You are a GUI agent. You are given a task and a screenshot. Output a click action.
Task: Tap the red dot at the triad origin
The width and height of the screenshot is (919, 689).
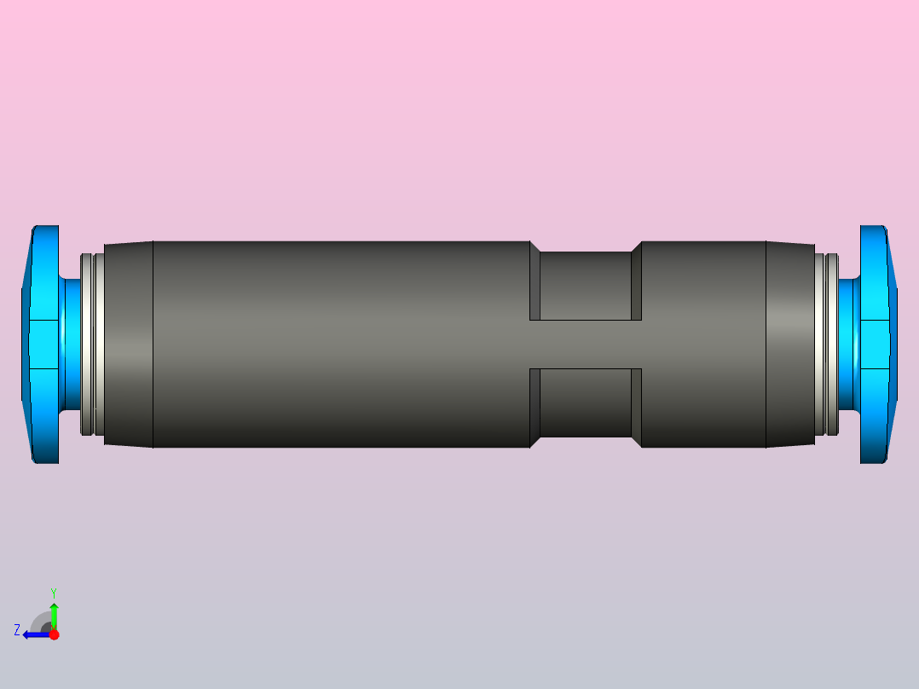point(54,634)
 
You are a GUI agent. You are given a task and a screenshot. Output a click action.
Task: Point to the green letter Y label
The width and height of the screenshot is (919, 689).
point(53,592)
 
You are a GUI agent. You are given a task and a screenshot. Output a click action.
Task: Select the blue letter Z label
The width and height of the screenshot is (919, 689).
point(16,630)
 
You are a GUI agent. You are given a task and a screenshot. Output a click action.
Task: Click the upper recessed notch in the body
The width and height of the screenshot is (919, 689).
point(585,286)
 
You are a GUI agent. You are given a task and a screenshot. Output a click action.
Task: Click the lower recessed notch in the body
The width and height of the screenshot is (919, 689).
point(585,402)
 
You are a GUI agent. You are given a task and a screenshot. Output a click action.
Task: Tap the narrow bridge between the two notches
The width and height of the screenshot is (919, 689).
point(585,344)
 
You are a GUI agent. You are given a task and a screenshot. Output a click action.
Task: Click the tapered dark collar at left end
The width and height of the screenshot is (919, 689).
point(128,344)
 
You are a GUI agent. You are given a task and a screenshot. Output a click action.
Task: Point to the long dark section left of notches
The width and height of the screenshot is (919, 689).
point(341,344)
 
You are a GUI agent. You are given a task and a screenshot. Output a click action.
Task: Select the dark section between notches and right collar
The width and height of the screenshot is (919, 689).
point(703,344)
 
